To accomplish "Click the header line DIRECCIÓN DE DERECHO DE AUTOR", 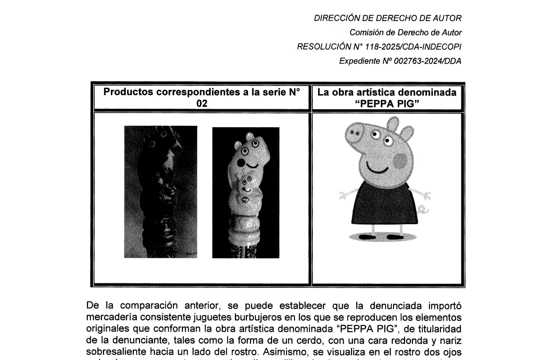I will pos(387,18).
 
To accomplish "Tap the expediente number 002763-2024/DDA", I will pos(428,61).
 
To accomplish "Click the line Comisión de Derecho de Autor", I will pos(405,32).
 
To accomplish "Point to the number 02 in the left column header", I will pos(202,103).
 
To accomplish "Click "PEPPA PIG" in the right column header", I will pos(386,103).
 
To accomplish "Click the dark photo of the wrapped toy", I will pos(160,192).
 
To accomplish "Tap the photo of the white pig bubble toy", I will pos(245,192).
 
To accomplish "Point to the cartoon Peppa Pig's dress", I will pos(379,202).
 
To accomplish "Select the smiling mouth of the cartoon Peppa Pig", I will pos(378,168).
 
